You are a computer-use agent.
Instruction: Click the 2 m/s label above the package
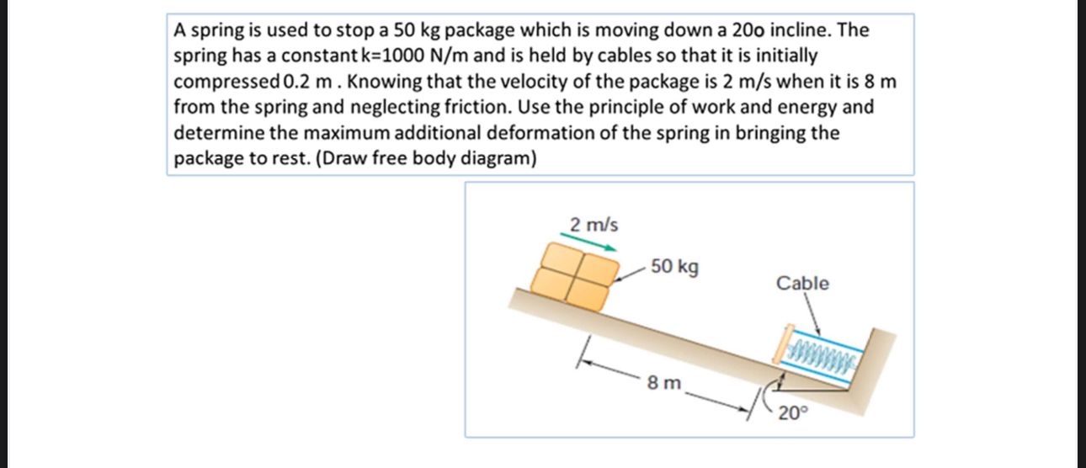(594, 226)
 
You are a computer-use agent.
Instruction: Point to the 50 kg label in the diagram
(674, 268)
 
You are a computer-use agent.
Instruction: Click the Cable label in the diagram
(802, 284)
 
